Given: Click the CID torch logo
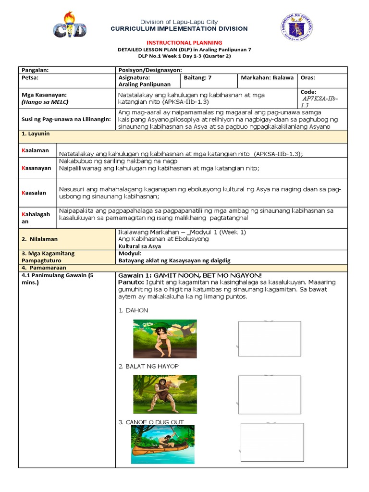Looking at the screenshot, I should pos(70,25).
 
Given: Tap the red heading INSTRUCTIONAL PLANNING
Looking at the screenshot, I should pos(184,43).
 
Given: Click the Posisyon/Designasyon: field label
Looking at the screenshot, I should pos(149,70).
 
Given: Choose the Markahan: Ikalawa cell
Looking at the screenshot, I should pos(267,77).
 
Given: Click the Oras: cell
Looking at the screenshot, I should pos(308,77).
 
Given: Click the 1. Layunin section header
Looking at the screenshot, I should pos(36,133).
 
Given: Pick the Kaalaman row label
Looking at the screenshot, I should pos(37,150).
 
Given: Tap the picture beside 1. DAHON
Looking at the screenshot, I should pos(165,339).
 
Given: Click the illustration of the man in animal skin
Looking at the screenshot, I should pos(165,394).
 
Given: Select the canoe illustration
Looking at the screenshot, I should pos(162,445).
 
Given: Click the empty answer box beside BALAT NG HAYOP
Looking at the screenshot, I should pos(270,394).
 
